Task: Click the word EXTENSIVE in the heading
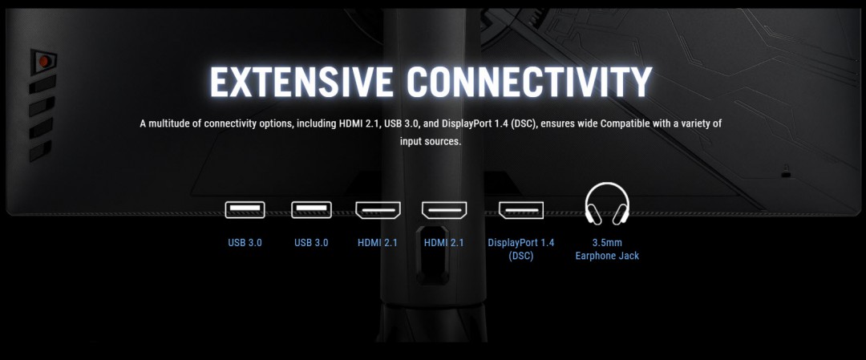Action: point(301,83)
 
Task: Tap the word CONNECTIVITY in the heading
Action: point(530,83)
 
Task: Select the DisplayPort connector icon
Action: point(521,210)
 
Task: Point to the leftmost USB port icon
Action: point(245,210)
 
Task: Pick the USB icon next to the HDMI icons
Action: point(311,210)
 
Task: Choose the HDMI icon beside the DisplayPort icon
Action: point(444,210)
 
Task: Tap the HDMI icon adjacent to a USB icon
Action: point(378,210)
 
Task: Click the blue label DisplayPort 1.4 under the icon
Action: point(521,242)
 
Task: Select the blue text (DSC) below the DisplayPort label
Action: point(521,257)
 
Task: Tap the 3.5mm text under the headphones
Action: point(607,242)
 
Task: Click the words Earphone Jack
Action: point(607,256)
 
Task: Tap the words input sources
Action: point(431,141)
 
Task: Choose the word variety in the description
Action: point(706,123)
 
